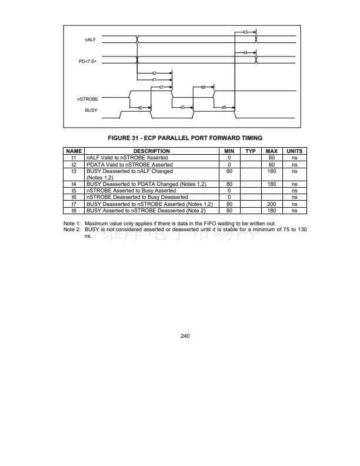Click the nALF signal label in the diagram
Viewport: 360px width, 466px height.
(x=92, y=39)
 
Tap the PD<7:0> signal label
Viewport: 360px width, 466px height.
(x=88, y=61)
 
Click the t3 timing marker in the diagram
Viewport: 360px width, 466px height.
(x=245, y=32)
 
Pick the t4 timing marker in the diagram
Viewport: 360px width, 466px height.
(x=245, y=53)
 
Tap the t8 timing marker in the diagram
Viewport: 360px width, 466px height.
(x=204, y=86)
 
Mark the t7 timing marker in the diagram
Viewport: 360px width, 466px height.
(x=161, y=86)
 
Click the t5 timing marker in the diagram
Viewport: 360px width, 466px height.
(x=183, y=107)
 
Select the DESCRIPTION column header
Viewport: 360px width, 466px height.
(x=152, y=151)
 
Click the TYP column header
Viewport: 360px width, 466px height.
(x=250, y=151)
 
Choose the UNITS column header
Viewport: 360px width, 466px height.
(x=294, y=151)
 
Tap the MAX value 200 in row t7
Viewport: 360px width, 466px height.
(x=272, y=204)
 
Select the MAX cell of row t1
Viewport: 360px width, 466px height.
(x=272, y=158)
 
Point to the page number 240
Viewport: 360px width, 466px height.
(x=185, y=335)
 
